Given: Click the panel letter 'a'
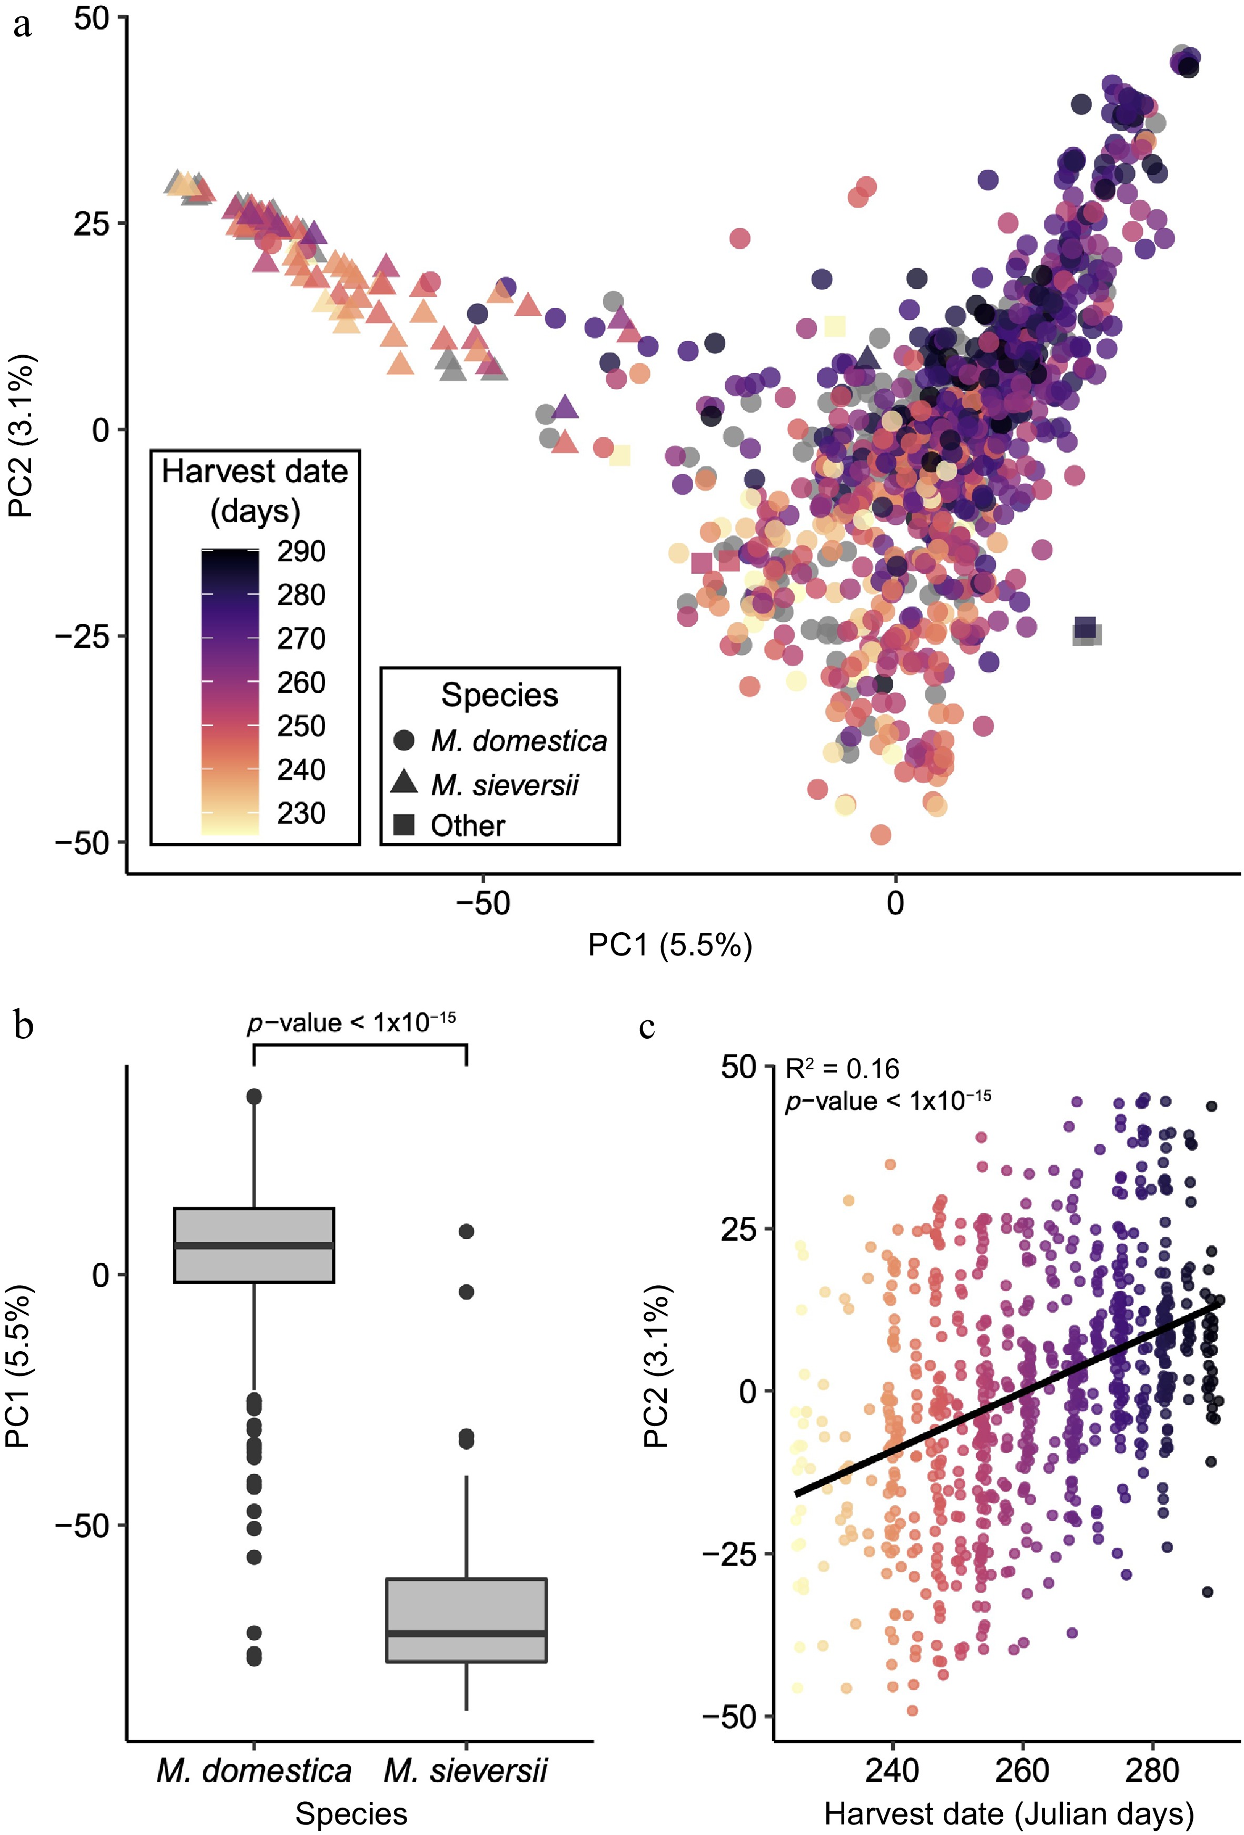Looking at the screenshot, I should [22, 25].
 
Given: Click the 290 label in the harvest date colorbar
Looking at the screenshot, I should [301, 551].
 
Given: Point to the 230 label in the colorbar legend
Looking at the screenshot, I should [301, 813].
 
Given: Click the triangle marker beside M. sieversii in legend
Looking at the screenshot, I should [404, 783].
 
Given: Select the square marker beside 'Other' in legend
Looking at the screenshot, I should [404, 825].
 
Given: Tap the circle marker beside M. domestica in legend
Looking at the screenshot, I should [404, 740].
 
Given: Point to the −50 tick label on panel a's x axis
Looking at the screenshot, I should [483, 903].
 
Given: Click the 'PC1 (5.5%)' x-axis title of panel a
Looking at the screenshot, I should [669, 945].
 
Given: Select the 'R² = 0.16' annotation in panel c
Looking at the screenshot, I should [842, 1069].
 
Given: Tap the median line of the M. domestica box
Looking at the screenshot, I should [254, 1246].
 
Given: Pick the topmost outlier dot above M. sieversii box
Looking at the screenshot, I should [467, 1231].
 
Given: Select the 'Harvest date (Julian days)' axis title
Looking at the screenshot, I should [1009, 1814].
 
